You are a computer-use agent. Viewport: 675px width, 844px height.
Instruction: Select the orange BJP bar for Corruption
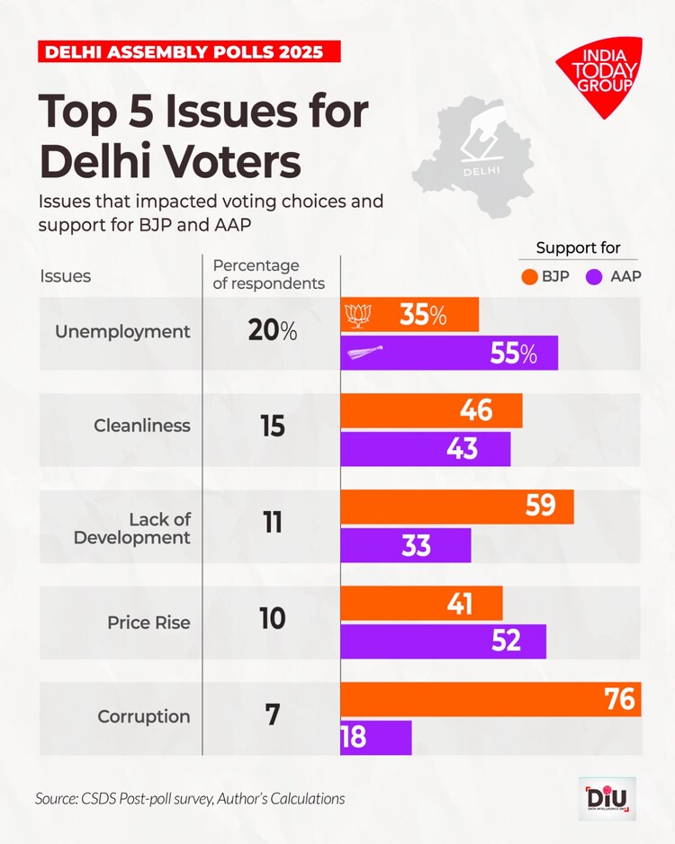click(490, 699)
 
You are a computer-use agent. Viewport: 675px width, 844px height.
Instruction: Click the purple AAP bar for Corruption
click(376, 738)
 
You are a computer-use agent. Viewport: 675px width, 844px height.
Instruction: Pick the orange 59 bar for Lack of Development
click(456, 507)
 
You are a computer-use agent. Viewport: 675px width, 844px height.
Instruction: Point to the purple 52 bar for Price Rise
click(443, 641)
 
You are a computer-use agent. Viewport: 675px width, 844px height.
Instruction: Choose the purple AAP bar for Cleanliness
click(425, 449)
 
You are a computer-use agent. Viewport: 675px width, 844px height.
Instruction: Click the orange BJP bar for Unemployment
click(409, 315)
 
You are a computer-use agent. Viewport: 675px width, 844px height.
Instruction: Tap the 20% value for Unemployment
click(272, 331)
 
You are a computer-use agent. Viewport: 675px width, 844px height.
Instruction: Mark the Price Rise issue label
click(148, 622)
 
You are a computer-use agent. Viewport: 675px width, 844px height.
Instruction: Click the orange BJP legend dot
click(526, 276)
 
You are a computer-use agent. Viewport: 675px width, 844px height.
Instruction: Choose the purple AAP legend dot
click(593, 276)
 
